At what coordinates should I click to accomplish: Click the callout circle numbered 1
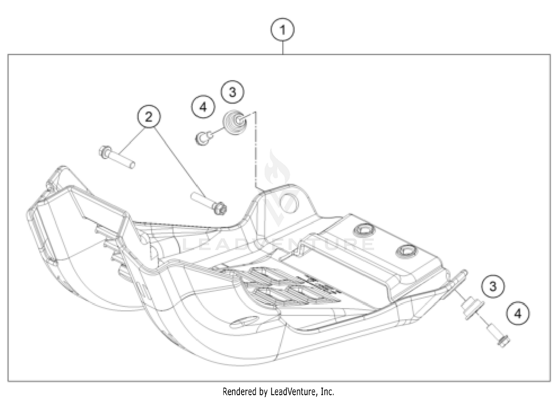click(283, 30)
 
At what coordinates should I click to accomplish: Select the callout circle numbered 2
click(149, 117)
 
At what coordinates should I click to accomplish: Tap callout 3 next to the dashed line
click(232, 92)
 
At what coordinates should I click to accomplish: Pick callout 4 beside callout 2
click(203, 107)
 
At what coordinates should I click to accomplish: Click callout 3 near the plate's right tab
click(493, 286)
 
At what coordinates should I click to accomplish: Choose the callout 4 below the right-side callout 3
click(518, 314)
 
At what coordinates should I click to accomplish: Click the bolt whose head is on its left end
click(117, 158)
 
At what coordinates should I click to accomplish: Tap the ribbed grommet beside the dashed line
click(235, 122)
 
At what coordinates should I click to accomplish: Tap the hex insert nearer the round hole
click(363, 230)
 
